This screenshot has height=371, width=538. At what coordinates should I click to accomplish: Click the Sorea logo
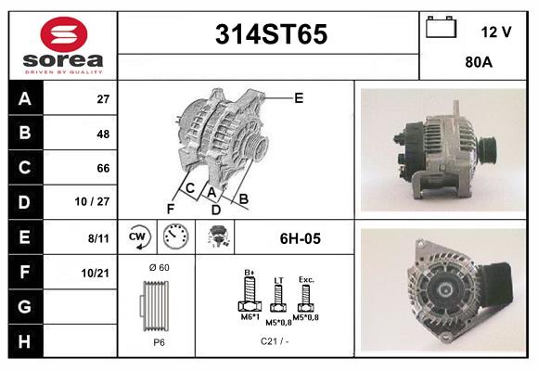point(62,45)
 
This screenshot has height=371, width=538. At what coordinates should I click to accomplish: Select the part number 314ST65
point(270,36)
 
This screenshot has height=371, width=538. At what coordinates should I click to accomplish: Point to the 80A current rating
point(478,62)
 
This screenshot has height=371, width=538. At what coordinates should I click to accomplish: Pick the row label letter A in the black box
point(23,99)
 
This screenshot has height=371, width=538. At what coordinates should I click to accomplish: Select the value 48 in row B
point(103,134)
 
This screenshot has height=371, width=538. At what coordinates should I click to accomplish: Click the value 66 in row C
point(103,168)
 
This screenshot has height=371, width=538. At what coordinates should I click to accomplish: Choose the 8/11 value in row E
point(97,237)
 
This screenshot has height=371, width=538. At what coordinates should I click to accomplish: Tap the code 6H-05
point(300,238)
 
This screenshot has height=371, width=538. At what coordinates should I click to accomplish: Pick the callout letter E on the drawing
point(299,97)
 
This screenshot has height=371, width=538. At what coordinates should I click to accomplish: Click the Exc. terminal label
point(306,278)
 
